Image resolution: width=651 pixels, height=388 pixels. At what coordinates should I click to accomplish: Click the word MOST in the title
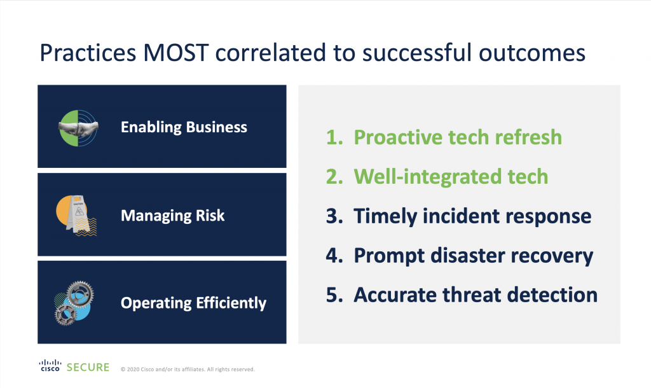point(175,53)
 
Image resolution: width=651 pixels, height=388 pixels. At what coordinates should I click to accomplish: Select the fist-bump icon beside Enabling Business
point(78,128)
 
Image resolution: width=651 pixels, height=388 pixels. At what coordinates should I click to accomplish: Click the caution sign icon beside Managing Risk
point(76,216)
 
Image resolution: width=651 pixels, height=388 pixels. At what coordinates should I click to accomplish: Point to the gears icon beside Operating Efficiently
point(74,303)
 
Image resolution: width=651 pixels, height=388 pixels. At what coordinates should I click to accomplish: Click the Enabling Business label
point(184,127)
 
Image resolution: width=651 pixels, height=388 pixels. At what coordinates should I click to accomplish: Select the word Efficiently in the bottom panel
point(231,303)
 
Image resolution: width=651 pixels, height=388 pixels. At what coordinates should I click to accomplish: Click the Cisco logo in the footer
point(50,366)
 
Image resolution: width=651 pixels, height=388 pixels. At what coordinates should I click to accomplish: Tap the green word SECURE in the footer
point(88,367)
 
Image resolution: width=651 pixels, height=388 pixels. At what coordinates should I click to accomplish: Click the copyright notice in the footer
point(188,370)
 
